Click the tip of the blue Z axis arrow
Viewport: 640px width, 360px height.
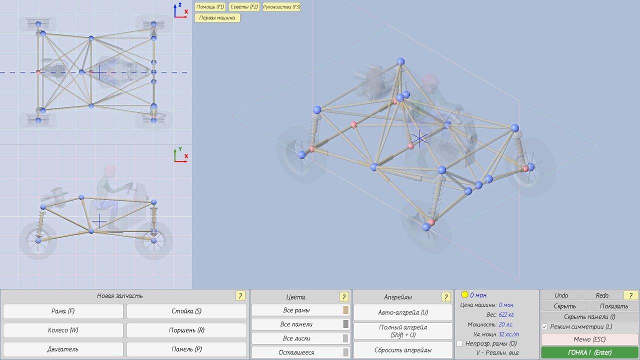point(175,4)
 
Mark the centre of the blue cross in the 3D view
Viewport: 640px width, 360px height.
point(419,138)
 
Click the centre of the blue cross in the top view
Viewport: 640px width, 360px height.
point(99,72)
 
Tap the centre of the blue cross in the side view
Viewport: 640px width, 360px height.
point(99,221)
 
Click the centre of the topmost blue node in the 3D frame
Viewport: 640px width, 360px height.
point(400,61)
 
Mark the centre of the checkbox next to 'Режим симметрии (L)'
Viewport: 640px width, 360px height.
point(544,326)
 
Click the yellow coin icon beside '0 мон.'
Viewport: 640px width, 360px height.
point(464,294)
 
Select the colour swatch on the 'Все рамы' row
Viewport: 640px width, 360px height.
point(345,310)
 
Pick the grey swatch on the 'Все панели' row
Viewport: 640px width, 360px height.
point(345,324)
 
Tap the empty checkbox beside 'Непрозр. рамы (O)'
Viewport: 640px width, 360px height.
point(459,343)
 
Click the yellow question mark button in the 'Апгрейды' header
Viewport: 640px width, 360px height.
point(445,297)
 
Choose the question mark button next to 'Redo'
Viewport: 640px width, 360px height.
point(630,295)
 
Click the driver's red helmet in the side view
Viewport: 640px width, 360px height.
point(109,170)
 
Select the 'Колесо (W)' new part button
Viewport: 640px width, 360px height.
point(63,330)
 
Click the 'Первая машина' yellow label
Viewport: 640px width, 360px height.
point(217,17)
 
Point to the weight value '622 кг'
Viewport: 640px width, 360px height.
point(506,314)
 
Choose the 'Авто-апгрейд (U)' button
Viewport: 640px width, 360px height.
point(403,312)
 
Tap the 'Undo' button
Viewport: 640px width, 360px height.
point(561,295)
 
